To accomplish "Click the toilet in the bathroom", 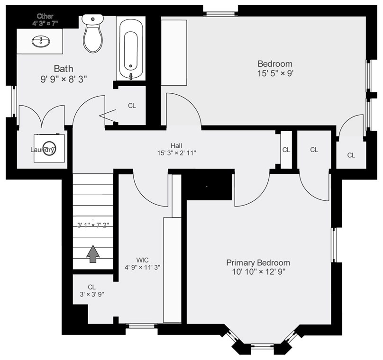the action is coord(92,33).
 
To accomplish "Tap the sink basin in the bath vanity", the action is coord(41,41).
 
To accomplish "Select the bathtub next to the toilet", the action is coord(131,49).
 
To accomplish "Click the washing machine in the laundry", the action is coord(50,148).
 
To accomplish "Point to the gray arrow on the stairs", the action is coord(93,254).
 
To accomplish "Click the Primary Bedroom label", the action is coord(258,262).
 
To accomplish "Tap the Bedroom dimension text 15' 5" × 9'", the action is coord(275,73).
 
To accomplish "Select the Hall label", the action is coord(176,146).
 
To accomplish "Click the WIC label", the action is coord(142,260).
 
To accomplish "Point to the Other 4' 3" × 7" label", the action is coord(45,20).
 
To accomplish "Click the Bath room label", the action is coord(64,69).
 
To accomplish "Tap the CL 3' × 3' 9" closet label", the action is coord(92,291).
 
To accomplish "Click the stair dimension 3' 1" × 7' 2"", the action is coord(93,225).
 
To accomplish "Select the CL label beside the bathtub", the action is coord(132,106).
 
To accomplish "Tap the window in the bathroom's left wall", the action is coord(14,101).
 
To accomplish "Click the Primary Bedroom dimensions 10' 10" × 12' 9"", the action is coord(259,271).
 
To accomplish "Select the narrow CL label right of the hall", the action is coord(286,150).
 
